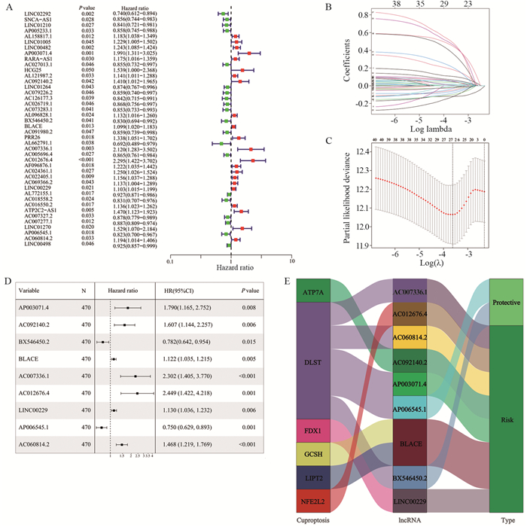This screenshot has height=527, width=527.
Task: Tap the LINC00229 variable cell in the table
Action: [x=35, y=410]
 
